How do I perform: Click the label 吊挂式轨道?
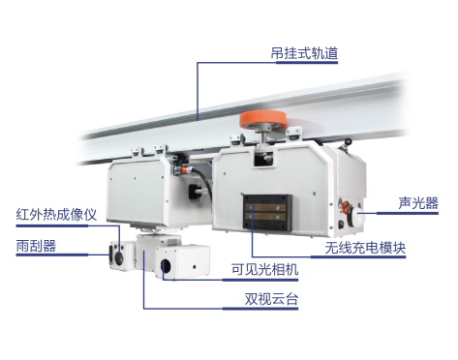304,53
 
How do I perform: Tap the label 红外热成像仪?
56,215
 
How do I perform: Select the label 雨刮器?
36,246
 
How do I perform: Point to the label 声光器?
418,203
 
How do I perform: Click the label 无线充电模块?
365,248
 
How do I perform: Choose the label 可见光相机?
264,269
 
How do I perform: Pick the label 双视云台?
271,299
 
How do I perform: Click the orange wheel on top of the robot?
262,120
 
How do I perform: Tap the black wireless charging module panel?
267,212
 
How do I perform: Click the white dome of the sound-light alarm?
358,217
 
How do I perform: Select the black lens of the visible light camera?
166,266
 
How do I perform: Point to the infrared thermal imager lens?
119,257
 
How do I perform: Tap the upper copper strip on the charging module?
265,207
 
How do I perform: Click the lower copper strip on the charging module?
265,217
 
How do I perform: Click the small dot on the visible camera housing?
195,267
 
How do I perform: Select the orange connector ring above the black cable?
186,169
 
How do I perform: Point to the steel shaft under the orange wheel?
264,136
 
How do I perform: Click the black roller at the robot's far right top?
348,141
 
